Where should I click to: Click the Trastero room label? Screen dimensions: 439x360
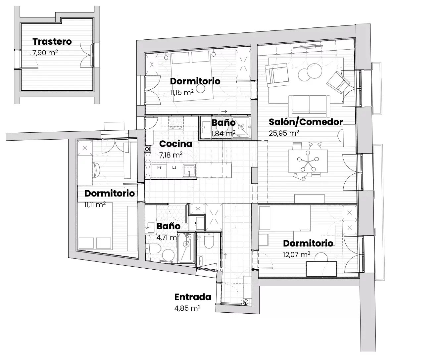click(52, 42)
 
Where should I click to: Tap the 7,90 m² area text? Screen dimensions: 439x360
click(45, 53)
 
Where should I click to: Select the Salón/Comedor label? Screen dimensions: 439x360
click(306, 122)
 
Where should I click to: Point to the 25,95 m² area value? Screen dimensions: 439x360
click(284, 133)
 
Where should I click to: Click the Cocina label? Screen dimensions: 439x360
click(176, 144)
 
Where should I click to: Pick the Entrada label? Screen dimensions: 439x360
click(193, 297)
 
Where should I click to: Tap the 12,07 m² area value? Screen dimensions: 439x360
click(297, 254)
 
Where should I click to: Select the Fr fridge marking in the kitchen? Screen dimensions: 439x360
click(160, 167)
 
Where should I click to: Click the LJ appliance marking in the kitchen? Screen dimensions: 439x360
click(174, 167)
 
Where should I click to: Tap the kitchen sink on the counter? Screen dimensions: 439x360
click(189, 171)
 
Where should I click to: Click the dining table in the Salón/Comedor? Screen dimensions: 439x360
click(308, 161)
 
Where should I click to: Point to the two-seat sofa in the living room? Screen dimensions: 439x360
click(309, 106)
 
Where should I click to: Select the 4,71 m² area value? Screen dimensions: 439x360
click(168, 237)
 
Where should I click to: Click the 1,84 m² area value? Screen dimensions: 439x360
click(223, 133)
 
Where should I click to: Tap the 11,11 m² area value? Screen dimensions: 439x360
click(95, 205)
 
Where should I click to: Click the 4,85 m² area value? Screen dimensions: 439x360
click(187, 308)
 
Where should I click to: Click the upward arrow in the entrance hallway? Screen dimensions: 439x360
click(225, 256)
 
